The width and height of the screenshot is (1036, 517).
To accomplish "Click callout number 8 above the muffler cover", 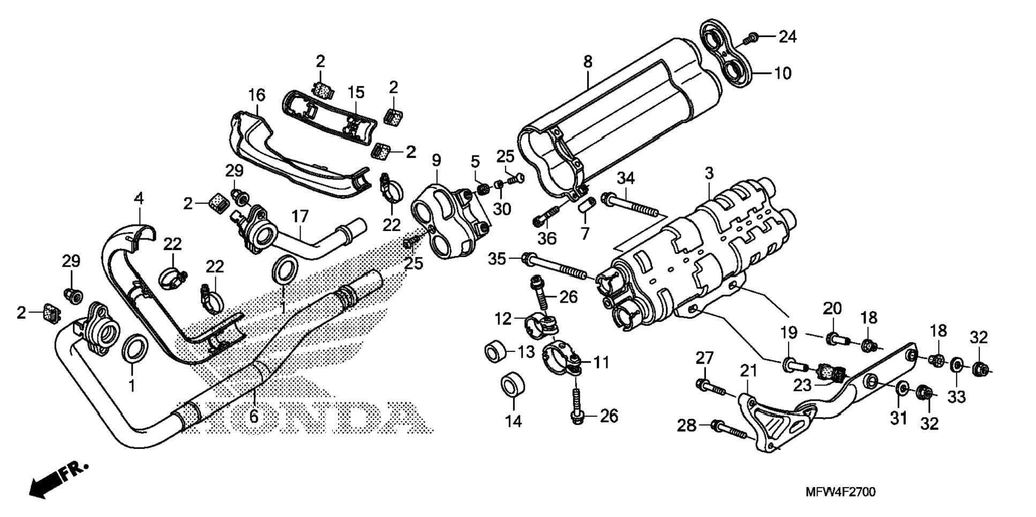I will [588, 62].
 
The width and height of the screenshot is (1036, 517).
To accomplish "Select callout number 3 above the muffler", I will [709, 174].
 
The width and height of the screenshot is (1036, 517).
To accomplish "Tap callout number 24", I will [787, 37].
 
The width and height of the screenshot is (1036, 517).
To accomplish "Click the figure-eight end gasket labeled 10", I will [726, 51].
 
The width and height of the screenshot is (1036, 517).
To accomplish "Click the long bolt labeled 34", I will [632, 207].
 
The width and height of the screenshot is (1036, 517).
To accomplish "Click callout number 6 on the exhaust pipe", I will [253, 415].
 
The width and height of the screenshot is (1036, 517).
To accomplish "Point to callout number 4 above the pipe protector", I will [139, 198].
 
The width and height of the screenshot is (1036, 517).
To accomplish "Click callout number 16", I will [257, 95].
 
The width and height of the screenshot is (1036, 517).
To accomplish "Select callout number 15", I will [355, 92].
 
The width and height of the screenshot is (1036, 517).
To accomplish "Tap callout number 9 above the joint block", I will [437, 160].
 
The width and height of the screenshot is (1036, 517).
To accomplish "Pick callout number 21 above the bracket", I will [748, 370].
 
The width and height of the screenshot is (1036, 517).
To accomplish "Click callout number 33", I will [957, 396].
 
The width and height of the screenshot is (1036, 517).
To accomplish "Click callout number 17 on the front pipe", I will [300, 216].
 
